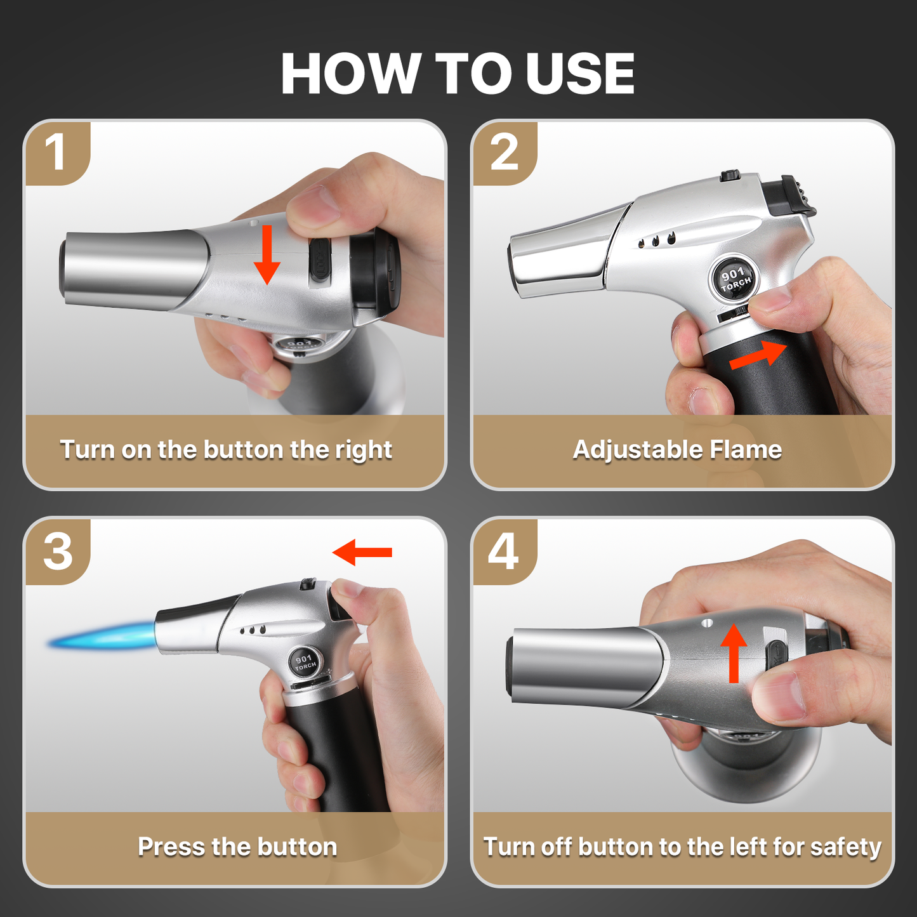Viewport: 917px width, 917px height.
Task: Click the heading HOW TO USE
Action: [458, 74]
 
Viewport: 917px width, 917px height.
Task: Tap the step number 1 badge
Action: [56, 153]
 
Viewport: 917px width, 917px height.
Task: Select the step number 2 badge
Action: [504, 153]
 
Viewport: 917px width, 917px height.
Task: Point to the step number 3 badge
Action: [58, 551]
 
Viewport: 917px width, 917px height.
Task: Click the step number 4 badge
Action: [504, 551]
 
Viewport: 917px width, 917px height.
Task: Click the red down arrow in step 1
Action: [267, 255]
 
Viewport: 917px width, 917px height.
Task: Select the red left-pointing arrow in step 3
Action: [362, 552]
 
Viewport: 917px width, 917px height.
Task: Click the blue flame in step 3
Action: [102, 636]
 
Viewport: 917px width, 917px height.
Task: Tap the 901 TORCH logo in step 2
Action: [735, 278]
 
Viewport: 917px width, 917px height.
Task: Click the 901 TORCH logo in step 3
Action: [305, 662]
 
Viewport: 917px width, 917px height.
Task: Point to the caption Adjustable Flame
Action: [677, 449]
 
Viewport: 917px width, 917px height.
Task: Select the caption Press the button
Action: [237, 847]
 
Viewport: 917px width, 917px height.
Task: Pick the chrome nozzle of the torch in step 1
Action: [133, 269]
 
